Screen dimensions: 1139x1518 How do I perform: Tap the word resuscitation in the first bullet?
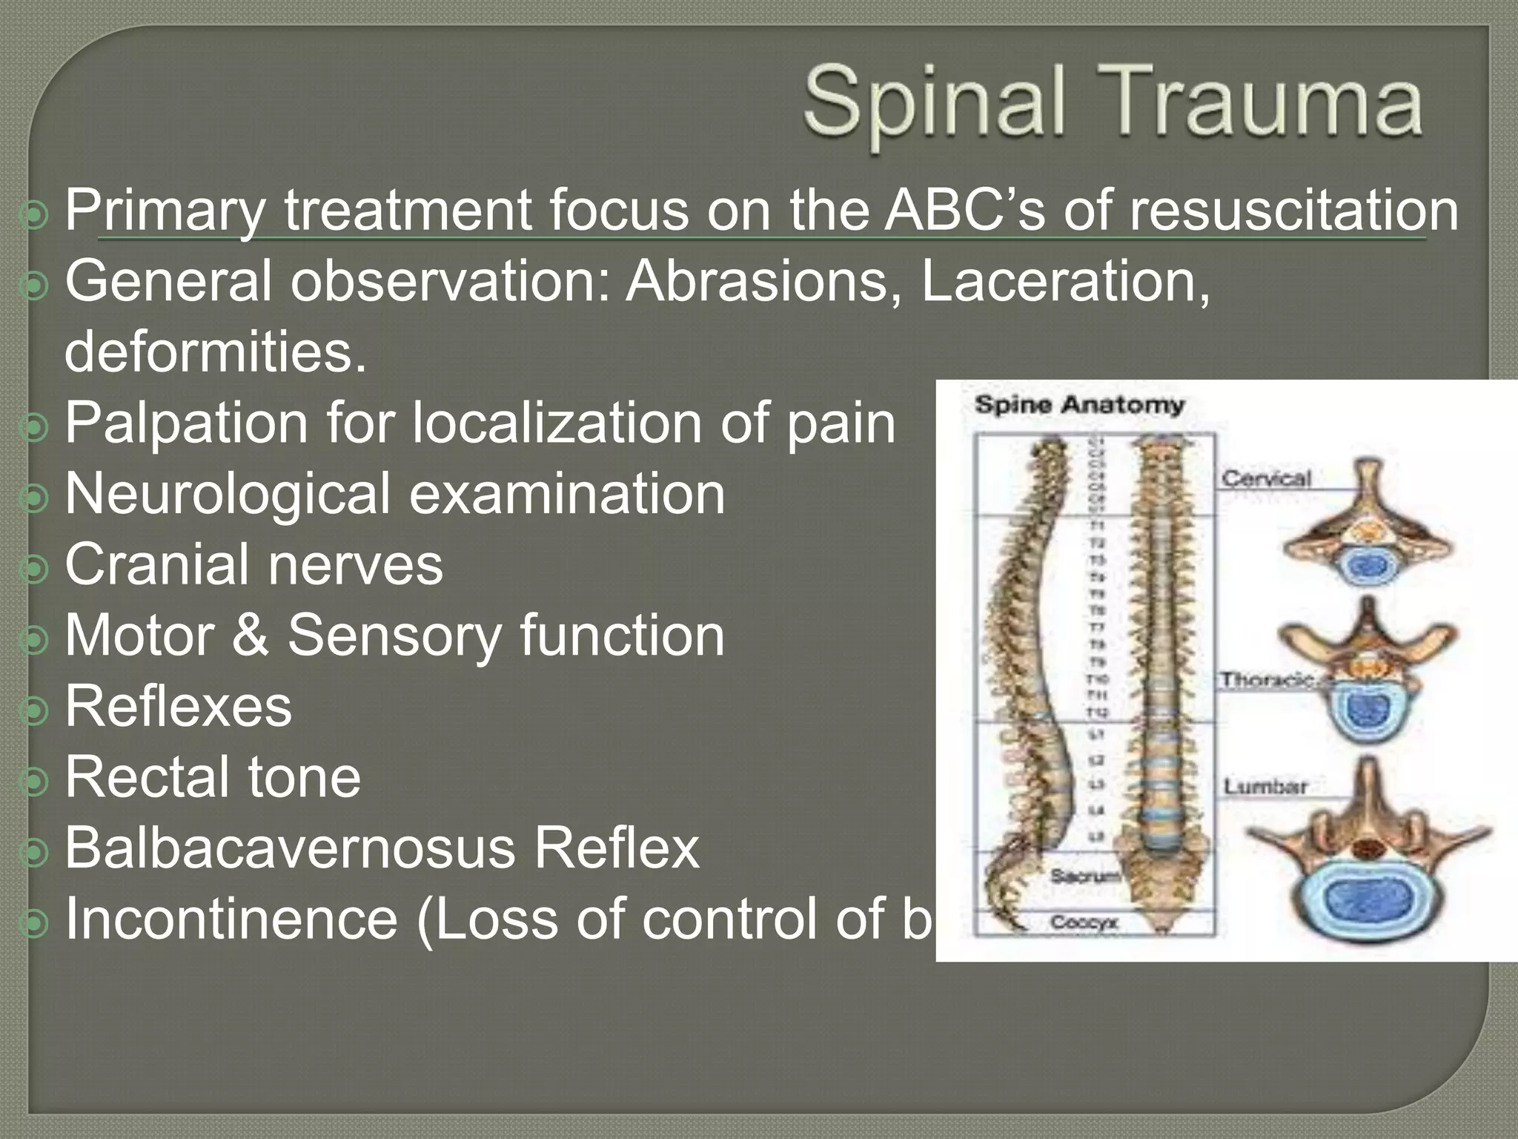tap(1294, 211)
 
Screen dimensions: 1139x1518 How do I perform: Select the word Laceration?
tap(1064, 281)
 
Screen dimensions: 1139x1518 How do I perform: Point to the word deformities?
tap(215, 351)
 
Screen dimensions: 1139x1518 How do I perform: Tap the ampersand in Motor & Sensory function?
tap(250, 635)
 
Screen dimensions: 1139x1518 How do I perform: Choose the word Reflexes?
tap(178, 706)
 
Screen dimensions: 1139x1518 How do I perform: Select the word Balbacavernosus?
tap(290, 848)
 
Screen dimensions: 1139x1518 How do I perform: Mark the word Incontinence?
tap(231, 919)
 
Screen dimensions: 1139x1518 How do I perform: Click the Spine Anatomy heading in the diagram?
tap(1078, 405)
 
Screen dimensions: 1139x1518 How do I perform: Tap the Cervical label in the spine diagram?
tap(1266, 478)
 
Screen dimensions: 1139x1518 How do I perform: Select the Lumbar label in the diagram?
tap(1265, 786)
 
